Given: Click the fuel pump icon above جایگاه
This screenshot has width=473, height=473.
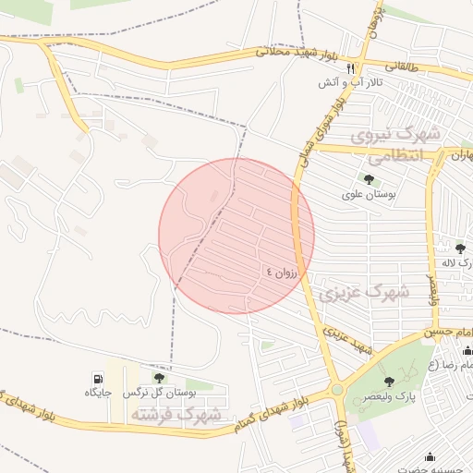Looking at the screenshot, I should pos(97,378).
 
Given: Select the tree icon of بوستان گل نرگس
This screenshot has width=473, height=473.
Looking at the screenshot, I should pos(159,378).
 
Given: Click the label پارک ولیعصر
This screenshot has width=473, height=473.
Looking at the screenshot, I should pos(394,395).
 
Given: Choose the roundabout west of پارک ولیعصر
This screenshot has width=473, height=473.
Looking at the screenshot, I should pos(336,390).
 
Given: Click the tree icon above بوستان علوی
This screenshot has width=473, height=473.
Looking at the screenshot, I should pos(369,179).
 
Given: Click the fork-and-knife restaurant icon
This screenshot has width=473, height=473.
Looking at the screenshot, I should pos(350,68).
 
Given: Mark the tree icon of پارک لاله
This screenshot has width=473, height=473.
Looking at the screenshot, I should pos(459,247).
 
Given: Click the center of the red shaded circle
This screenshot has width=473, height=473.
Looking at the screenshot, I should pos(236,236).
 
